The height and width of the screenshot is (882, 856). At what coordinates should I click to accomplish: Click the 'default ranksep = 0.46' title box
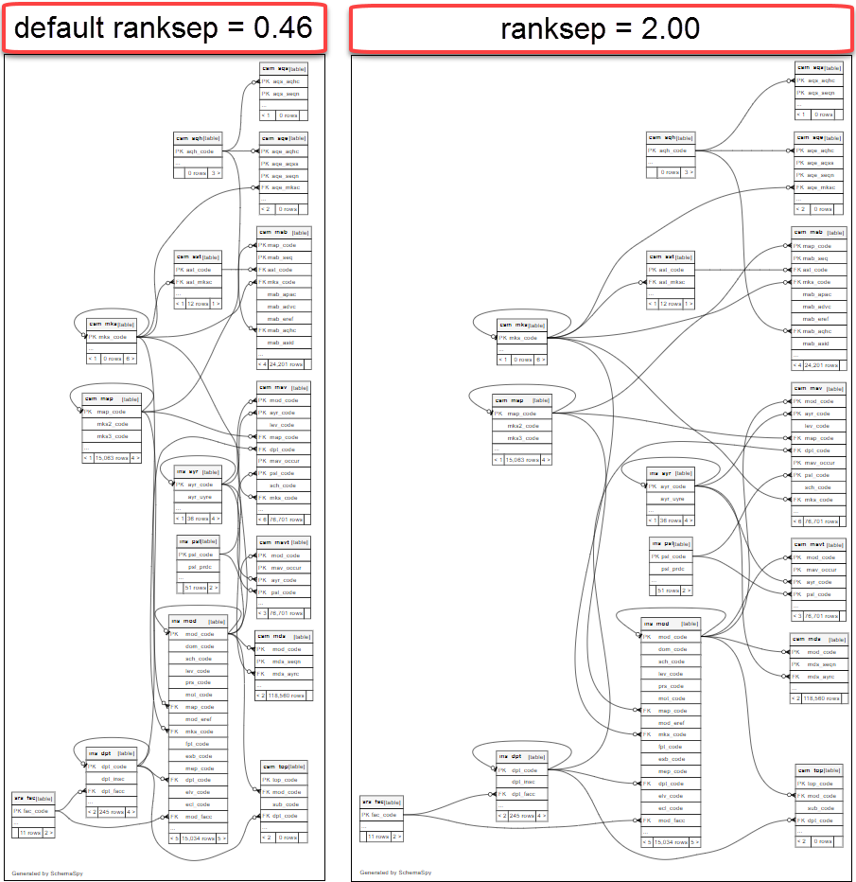(164, 28)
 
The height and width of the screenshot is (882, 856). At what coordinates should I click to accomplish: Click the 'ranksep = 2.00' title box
(601, 28)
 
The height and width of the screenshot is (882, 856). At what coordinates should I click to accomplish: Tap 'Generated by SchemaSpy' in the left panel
(47, 873)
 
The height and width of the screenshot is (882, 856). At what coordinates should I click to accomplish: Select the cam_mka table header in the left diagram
(112, 324)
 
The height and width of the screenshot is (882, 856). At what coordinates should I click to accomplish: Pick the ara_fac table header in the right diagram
(382, 802)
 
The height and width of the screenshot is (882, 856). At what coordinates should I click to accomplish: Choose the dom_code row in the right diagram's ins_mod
(672, 649)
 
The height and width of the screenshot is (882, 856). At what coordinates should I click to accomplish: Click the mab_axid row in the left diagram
(281, 343)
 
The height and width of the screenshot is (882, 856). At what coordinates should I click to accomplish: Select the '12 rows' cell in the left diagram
(198, 304)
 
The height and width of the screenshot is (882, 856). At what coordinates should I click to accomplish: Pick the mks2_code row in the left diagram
(111, 424)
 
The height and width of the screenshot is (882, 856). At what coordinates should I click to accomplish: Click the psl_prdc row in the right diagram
(672, 569)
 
